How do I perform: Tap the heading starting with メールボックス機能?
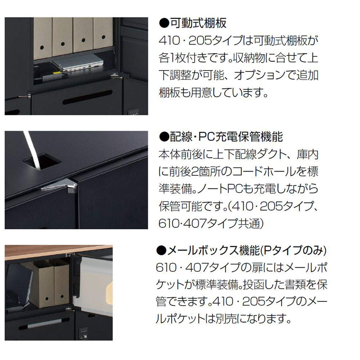pyautogui.click(x=242, y=251)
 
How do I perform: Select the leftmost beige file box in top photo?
pyautogui.click(x=42, y=36)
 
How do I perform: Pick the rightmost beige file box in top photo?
pyautogui.click(x=104, y=34)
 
